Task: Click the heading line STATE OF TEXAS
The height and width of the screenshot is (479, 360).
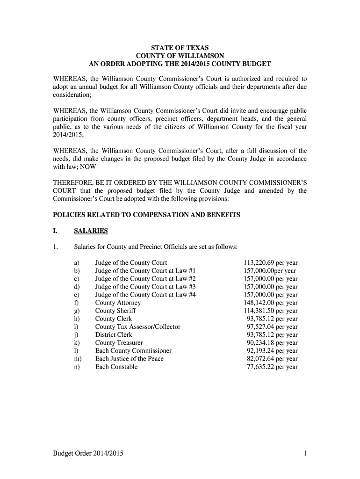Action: [x=180, y=48]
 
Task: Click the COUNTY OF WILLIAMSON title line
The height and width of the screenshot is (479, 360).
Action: [x=180, y=56]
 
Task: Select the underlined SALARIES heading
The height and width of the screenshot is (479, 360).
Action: [x=91, y=231]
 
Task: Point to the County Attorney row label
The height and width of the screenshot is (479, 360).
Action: [x=118, y=303]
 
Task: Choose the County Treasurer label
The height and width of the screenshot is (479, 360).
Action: [x=119, y=343]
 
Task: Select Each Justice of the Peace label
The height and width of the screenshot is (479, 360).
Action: [x=129, y=359]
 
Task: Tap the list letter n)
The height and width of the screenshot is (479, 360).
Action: [x=76, y=367]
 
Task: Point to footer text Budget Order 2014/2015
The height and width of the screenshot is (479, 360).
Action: [x=88, y=453]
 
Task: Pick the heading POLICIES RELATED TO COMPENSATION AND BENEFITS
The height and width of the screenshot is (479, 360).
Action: [x=146, y=215]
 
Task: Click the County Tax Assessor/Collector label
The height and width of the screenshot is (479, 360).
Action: [x=137, y=327]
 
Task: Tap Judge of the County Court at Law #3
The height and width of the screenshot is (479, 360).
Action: [x=145, y=287]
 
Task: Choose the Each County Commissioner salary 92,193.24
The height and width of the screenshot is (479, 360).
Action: [x=260, y=351]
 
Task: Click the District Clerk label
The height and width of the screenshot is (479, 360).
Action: [x=114, y=334]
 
